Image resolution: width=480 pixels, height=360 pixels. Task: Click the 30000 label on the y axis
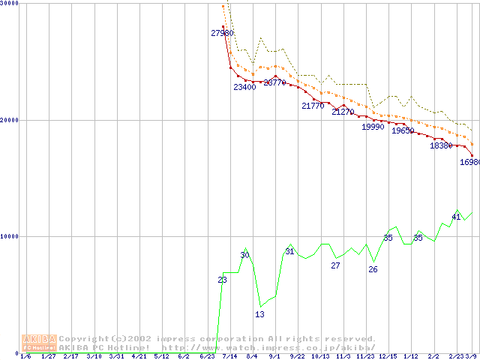pyautogui.click(x=10, y=4)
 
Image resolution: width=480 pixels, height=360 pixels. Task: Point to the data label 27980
pyautogui.click(x=222, y=33)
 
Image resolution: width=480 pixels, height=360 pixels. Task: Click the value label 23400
pyautogui.click(x=244, y=87)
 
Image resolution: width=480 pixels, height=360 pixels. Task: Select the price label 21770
pyautogui.click(x=313, y=106)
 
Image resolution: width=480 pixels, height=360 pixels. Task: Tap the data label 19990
pyautogui.click(x=373, y=127)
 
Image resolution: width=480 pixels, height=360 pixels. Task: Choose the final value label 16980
pyautogui.click(x=469, y=162)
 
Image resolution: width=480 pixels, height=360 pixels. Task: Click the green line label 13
pyautogui.click(x=259, y=314)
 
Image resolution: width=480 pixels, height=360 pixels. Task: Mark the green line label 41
pyautogui.click(x=456, y=217)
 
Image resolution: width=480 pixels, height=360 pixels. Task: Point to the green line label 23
pyautogui.click(x=222, y=280)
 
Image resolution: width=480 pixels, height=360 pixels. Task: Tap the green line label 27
pyautogui.click(x=335, y=265)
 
